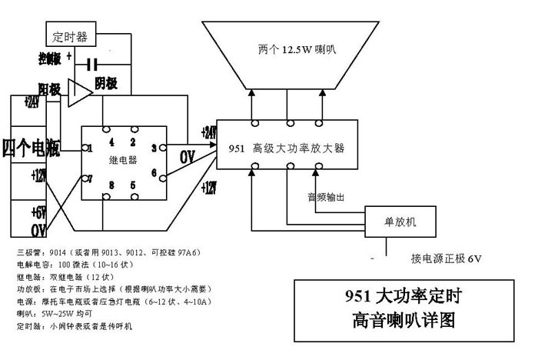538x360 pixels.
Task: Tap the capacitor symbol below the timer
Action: click(93, 64)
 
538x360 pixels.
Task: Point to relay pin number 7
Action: click(90, 178)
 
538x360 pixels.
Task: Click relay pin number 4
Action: click(111, 142)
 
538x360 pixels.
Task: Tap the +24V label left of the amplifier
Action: click(208, 132)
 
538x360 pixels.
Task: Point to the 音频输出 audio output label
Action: click(326, 197)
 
